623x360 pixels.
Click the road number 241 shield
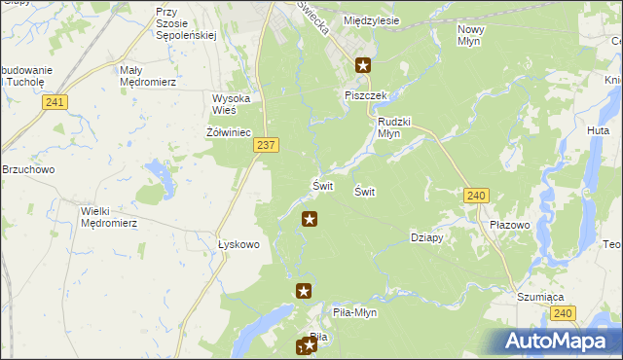click(55, 101)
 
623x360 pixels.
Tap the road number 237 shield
click(267, 144)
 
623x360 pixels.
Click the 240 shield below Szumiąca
click(562, 312)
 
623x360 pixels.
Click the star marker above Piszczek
click(363, 66)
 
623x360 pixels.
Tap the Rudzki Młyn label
click(395, 127)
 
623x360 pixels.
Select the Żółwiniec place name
click(230, 131)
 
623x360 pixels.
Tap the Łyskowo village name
click(238, 244)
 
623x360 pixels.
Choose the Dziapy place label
click(427, 237)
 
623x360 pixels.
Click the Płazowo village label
click(510, 225)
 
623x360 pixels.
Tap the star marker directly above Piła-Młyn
click(304, 290)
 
